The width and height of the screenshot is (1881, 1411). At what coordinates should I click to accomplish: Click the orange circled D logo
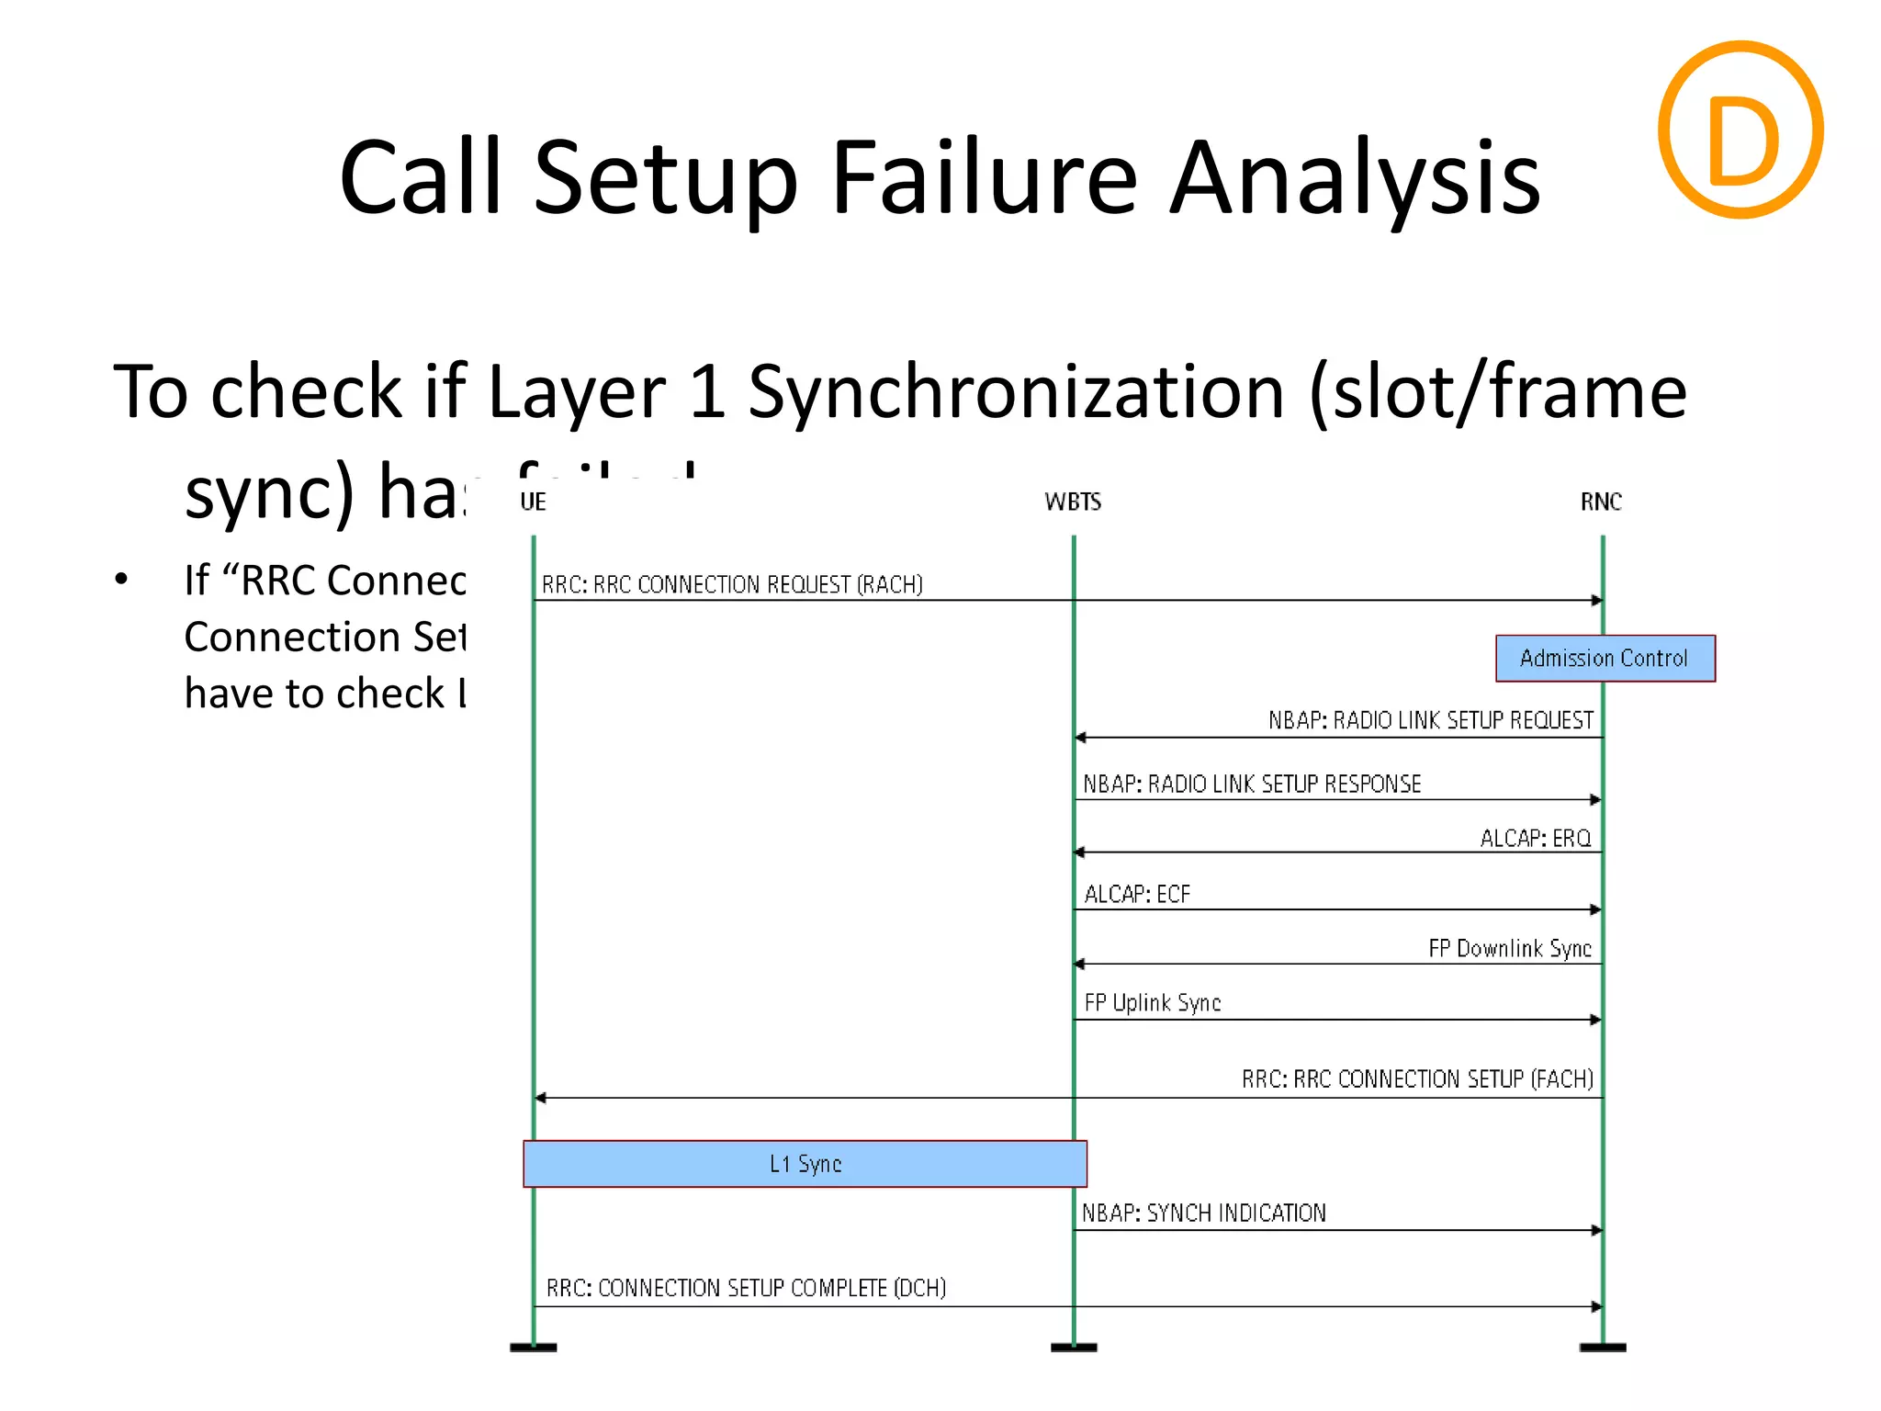click(x=1740, y=130)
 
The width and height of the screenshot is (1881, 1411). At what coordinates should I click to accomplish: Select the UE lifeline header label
click(x=533, y=502)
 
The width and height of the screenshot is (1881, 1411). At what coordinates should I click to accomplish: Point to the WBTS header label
click(x=1072, y=502)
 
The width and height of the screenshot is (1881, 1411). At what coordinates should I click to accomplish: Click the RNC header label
click(x=1600, y=502)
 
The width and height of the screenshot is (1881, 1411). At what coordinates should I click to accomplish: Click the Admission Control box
click(x=1604, y=658)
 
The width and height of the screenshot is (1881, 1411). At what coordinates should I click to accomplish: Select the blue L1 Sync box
click(x=805, y=1164)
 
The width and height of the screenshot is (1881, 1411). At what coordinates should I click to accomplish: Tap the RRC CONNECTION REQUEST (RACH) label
click(x=731, y=584)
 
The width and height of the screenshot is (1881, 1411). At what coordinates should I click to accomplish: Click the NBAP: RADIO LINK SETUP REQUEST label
click(x=1430, y=720)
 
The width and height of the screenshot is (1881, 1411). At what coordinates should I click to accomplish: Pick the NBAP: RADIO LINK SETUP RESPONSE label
click(x=1251, y=784)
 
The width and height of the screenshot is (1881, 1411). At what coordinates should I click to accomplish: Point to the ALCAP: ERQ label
click(x=1535, y=838)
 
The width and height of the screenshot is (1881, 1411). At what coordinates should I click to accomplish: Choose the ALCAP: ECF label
click(x=1136, y=894)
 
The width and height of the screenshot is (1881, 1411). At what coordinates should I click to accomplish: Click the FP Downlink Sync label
click(x=1509, y=948)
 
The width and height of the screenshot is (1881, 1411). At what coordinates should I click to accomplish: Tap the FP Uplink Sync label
click(x=1152, y=1002)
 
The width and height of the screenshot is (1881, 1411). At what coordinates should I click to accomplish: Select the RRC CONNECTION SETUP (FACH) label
click(x=1416, y=1078)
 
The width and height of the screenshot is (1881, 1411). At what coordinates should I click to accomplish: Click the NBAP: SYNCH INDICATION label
click(x=1203, y=1213)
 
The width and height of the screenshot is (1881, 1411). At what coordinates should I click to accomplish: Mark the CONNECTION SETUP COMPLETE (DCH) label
click(x=746, y=1288)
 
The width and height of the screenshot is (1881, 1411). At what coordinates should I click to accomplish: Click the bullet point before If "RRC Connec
click(x=121, y=580)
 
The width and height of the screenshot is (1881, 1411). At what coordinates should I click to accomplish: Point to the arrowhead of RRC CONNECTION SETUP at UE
click(x=541, y=1098)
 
